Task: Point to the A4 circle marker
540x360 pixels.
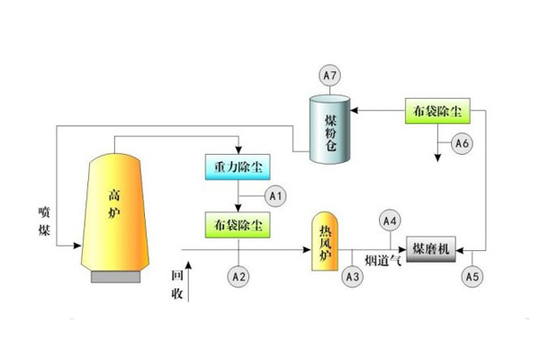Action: pyautogui.click(x=390, y=219)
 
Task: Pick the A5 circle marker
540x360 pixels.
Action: pyautogui.click(x=472, y=276)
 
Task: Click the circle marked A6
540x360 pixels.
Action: pyautogui.click(x=462, y=143)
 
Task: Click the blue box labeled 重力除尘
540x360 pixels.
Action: pyautogui.click(x=235, y=167)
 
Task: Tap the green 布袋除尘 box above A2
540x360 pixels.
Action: pyautogui.click(x=235, y=224)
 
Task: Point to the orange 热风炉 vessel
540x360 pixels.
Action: pyautogui.click(x=323, y=243)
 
